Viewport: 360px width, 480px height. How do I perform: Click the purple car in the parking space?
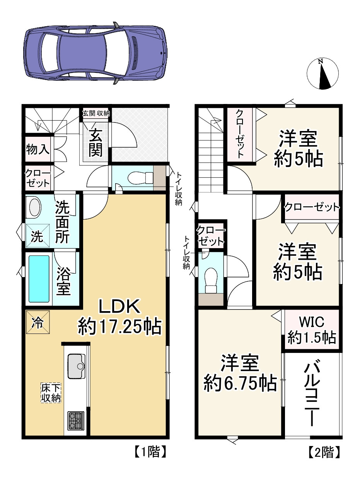(x=95, y=53)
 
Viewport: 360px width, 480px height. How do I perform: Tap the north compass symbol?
(x=322, y=74)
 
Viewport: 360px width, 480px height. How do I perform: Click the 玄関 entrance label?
(x=96, y=142)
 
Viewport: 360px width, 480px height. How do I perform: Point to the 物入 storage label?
(x=38, y=150)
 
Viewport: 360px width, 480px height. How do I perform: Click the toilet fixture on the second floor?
(x=211, y=280)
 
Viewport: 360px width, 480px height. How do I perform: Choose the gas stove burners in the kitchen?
(x=76, y=421)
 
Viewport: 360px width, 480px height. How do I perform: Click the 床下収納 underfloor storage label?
(x=51, y=393)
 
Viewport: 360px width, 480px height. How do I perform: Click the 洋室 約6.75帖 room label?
(x=240, y=373)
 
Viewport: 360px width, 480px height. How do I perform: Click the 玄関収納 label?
(x=96, y=113)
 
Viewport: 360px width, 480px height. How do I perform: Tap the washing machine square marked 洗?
(x=38, y=236)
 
